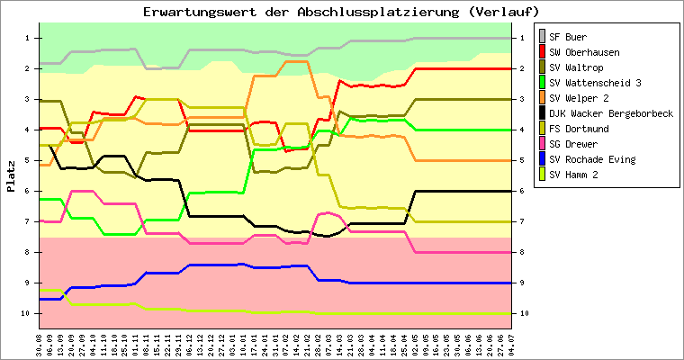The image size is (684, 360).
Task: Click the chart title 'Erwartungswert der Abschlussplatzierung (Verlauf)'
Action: tap(342, 12)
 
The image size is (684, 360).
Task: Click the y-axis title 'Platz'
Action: tap(12, 175)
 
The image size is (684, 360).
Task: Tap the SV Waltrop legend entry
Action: tap(575, 67)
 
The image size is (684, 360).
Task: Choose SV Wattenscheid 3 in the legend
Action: tap(594, 83)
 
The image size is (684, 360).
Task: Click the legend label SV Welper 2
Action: tap(580, 98)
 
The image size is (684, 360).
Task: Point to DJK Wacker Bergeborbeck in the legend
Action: tap(611, 113)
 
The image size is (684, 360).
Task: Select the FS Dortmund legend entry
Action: tap(580, 129)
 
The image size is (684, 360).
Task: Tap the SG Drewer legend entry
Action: tap(574, 144)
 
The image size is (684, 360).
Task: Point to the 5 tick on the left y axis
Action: tap(29, 160)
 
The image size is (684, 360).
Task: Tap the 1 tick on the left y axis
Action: tap(29, 38)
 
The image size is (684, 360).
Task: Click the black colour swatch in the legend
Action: tap(543, 113)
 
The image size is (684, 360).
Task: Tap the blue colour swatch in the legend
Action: tap(543, 159)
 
